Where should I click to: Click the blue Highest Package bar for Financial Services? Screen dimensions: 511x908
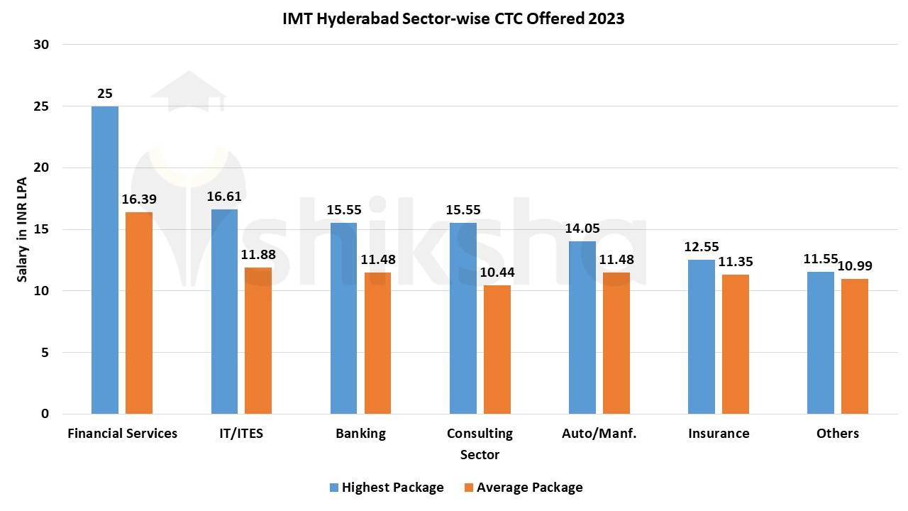click(105, 260)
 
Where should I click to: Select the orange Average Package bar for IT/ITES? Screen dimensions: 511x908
click(258, 341)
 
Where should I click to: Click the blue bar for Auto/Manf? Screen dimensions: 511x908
click(582, 327)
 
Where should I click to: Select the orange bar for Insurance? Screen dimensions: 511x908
click(736, 344)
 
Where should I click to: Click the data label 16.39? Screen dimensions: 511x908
click(138, 199)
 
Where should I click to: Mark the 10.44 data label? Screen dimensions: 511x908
click(497, 273)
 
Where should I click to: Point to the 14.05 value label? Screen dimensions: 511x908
click(582, 229)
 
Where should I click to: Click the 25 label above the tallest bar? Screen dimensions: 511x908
click(105, 94)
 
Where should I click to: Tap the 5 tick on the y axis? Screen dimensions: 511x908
click(44, 353)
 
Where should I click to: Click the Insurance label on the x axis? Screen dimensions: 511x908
click(718, 433)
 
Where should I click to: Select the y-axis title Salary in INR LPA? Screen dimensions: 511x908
click(23, 229)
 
